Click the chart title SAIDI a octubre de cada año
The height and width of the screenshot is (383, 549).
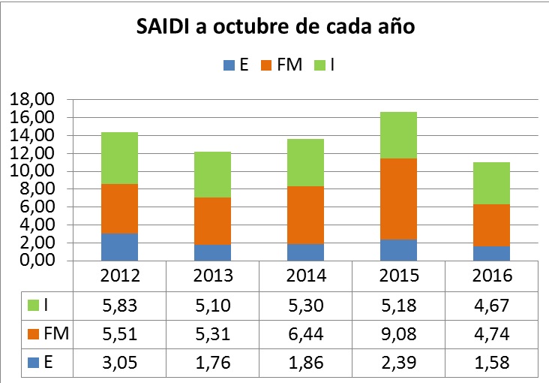275,28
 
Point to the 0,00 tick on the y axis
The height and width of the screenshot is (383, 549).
34,261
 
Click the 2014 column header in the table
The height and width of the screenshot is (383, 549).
306,275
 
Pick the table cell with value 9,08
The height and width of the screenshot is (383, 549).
399,334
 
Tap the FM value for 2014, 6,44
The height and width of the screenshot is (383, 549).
306,334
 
